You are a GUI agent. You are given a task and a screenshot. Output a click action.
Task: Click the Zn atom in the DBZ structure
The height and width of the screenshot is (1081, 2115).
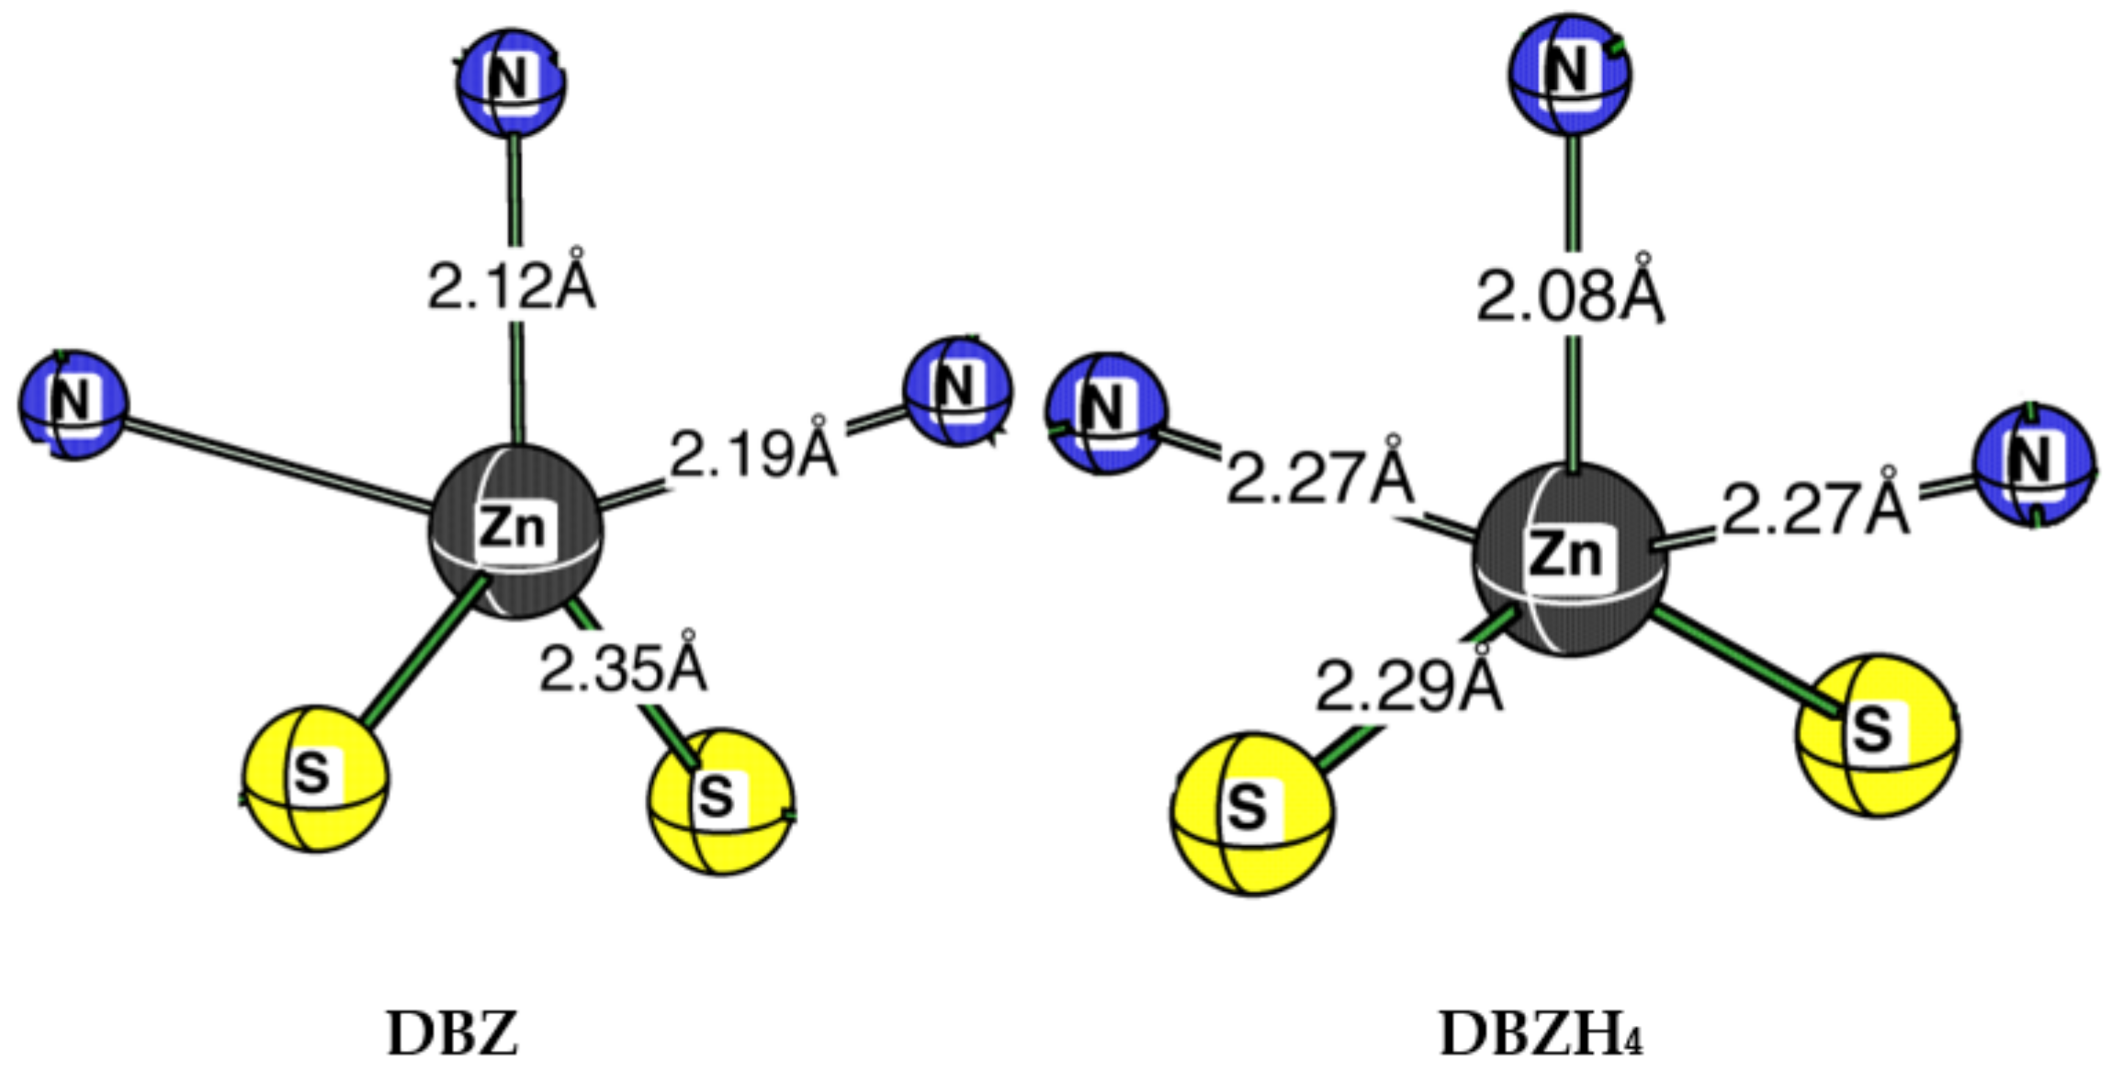point(515,531)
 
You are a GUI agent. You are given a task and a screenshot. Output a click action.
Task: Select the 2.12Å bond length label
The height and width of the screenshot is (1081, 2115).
point(510,285)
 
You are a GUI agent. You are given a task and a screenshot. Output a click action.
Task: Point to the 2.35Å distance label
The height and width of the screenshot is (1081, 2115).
point(622,668)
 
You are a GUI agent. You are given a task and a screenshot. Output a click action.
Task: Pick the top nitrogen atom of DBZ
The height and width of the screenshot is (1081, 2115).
point(510,82)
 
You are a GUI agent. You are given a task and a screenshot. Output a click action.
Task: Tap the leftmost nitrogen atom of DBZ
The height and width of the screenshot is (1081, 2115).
point(74,404)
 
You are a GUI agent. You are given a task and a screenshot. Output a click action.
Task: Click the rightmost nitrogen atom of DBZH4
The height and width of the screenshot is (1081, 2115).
point(2032,466)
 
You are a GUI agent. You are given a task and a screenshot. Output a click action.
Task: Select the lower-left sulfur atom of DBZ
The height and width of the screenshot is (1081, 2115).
point(315,778)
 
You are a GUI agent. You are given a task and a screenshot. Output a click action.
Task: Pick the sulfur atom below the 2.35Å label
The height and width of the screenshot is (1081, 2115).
point(720,800)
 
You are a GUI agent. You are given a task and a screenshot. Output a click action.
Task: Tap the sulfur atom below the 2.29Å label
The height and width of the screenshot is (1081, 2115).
point(1252,813)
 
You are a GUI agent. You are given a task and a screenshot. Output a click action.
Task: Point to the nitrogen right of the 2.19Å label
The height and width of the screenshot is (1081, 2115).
point(958,391)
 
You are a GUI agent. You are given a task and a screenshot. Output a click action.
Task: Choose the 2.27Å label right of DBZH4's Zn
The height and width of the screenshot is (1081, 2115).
point(1815,509)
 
